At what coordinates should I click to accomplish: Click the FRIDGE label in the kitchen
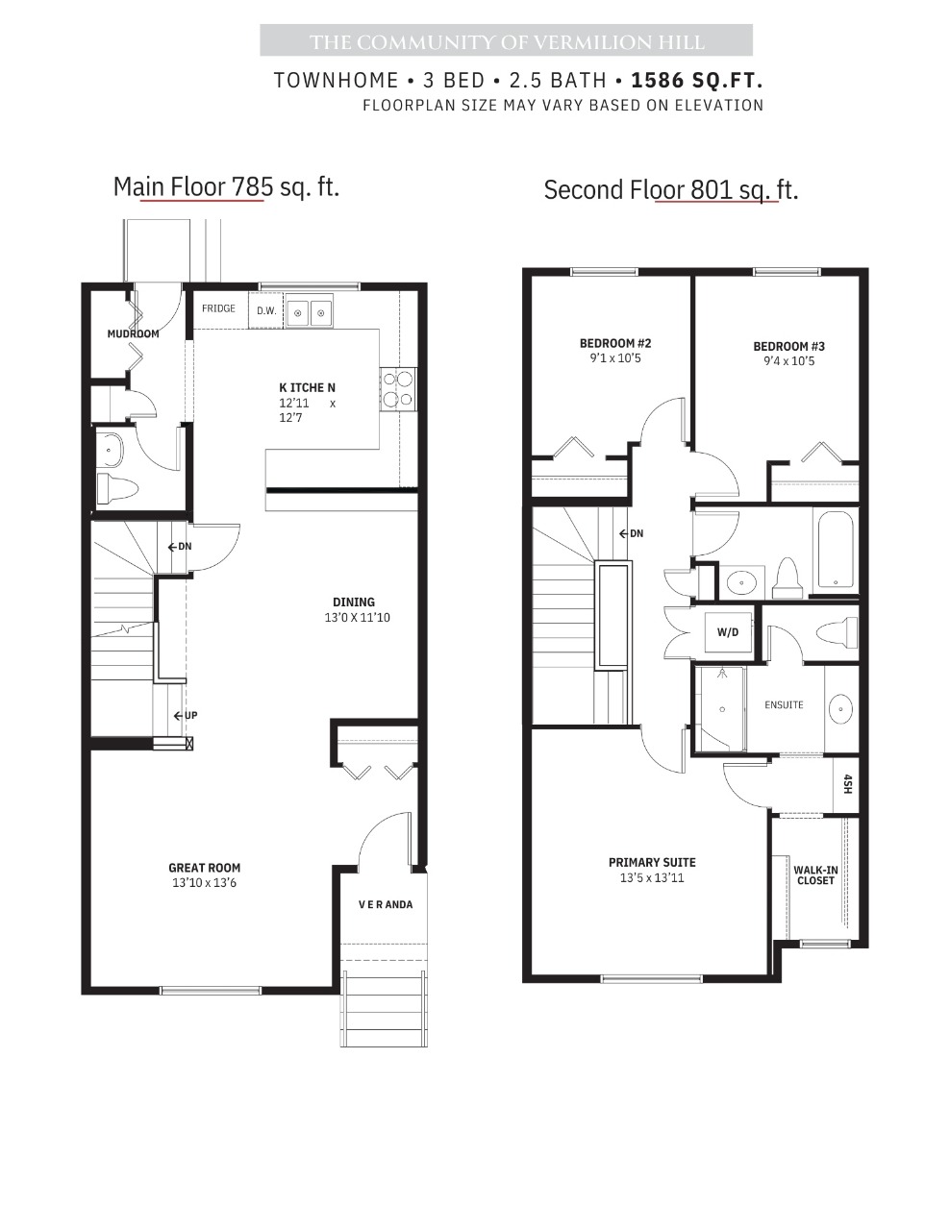[218, 308]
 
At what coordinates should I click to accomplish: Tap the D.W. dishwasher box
[266, 310]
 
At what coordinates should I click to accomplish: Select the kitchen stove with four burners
[398, 389]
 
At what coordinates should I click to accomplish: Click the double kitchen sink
[309, 310]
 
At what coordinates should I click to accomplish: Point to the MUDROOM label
[133, 334]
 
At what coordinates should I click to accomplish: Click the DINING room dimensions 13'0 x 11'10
[358, 618]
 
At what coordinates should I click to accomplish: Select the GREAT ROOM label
[205, 868]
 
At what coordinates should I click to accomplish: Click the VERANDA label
[386, 904]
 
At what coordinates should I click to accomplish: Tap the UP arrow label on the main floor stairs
[186, 716]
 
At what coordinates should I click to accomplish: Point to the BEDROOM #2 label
[615, 343]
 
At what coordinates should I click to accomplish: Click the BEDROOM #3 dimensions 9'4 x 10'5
[788, 361]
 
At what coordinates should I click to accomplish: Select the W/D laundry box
[728, 632]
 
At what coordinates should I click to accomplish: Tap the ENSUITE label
[784, 704]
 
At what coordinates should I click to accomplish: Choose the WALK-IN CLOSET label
[815, 875]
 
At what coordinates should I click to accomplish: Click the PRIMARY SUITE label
[652, 863]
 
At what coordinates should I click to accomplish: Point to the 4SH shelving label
[847, 783]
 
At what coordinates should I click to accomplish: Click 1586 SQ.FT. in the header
[697, 81]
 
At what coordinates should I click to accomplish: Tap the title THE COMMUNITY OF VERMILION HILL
[507, 42]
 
